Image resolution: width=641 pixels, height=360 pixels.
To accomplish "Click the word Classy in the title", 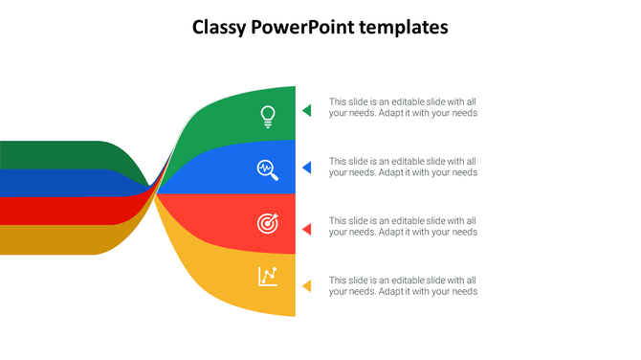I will pyautogui.click(x=219, y=28).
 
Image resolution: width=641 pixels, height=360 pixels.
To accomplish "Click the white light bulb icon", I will pyautogui.click(x=269, y=117).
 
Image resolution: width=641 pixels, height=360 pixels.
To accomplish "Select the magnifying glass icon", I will pyautogui.click(x=268, y=169).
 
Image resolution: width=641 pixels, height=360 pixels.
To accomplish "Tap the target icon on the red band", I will pyautogui.click(x=268, y=224).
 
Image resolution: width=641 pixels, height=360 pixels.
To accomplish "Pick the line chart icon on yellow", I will pyautogui.click(x=268, y=277).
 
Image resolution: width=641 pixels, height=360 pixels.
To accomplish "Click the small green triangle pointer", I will pyautogui.click(x=307, y=110).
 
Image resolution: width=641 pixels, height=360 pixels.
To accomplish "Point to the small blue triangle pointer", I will pyautogui.click(x=307, y=168).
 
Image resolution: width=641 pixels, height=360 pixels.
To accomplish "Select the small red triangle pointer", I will pyautogui.click(x=307, y=229).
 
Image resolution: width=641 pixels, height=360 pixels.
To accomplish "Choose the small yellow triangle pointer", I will pyautogui.click(x=307, y=285).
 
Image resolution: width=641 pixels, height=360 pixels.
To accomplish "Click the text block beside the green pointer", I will pyautogui.click(x=403, y=107).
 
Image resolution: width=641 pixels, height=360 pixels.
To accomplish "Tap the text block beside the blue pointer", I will pyautogui.click(x=403, y=167).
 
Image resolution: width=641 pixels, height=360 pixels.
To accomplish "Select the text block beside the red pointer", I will pyautogui.click(x=403, y=226).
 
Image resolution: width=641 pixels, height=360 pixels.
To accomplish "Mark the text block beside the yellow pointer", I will pyautogui.click(x=403, y=285).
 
